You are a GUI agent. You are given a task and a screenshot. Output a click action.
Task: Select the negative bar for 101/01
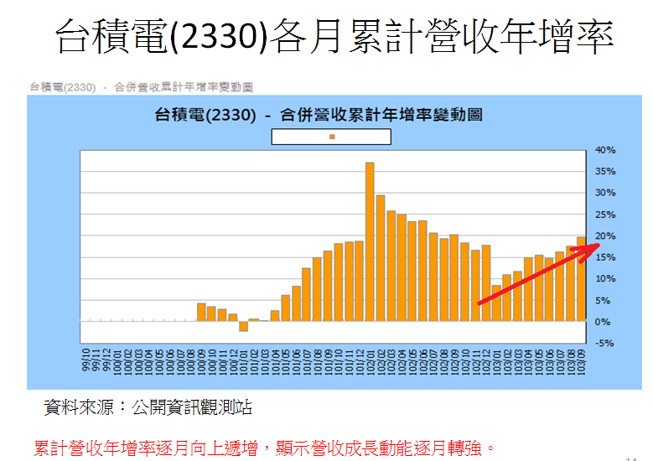(x=243, y=326)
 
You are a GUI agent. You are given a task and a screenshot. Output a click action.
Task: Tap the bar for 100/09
(x=201, y=312)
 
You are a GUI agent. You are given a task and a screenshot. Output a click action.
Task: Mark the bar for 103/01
(x=496, y=303)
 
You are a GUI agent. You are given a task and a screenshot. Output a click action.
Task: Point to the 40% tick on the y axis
(x=605, y=150)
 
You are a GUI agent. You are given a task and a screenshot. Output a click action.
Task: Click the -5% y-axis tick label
(x=605, y=343)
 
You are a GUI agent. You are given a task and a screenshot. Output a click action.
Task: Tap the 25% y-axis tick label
(x=605, y=193)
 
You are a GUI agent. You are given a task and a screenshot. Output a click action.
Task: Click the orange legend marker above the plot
(x=333, y=136)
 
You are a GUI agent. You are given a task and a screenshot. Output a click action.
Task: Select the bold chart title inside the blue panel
(x=319, y=115)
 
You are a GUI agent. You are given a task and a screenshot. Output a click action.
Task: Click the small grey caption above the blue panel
(x=141, y=86)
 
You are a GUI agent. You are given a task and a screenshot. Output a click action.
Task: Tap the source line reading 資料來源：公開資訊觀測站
(x=148, y=408)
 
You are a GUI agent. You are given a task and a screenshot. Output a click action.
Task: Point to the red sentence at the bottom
(x=260, y=448)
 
